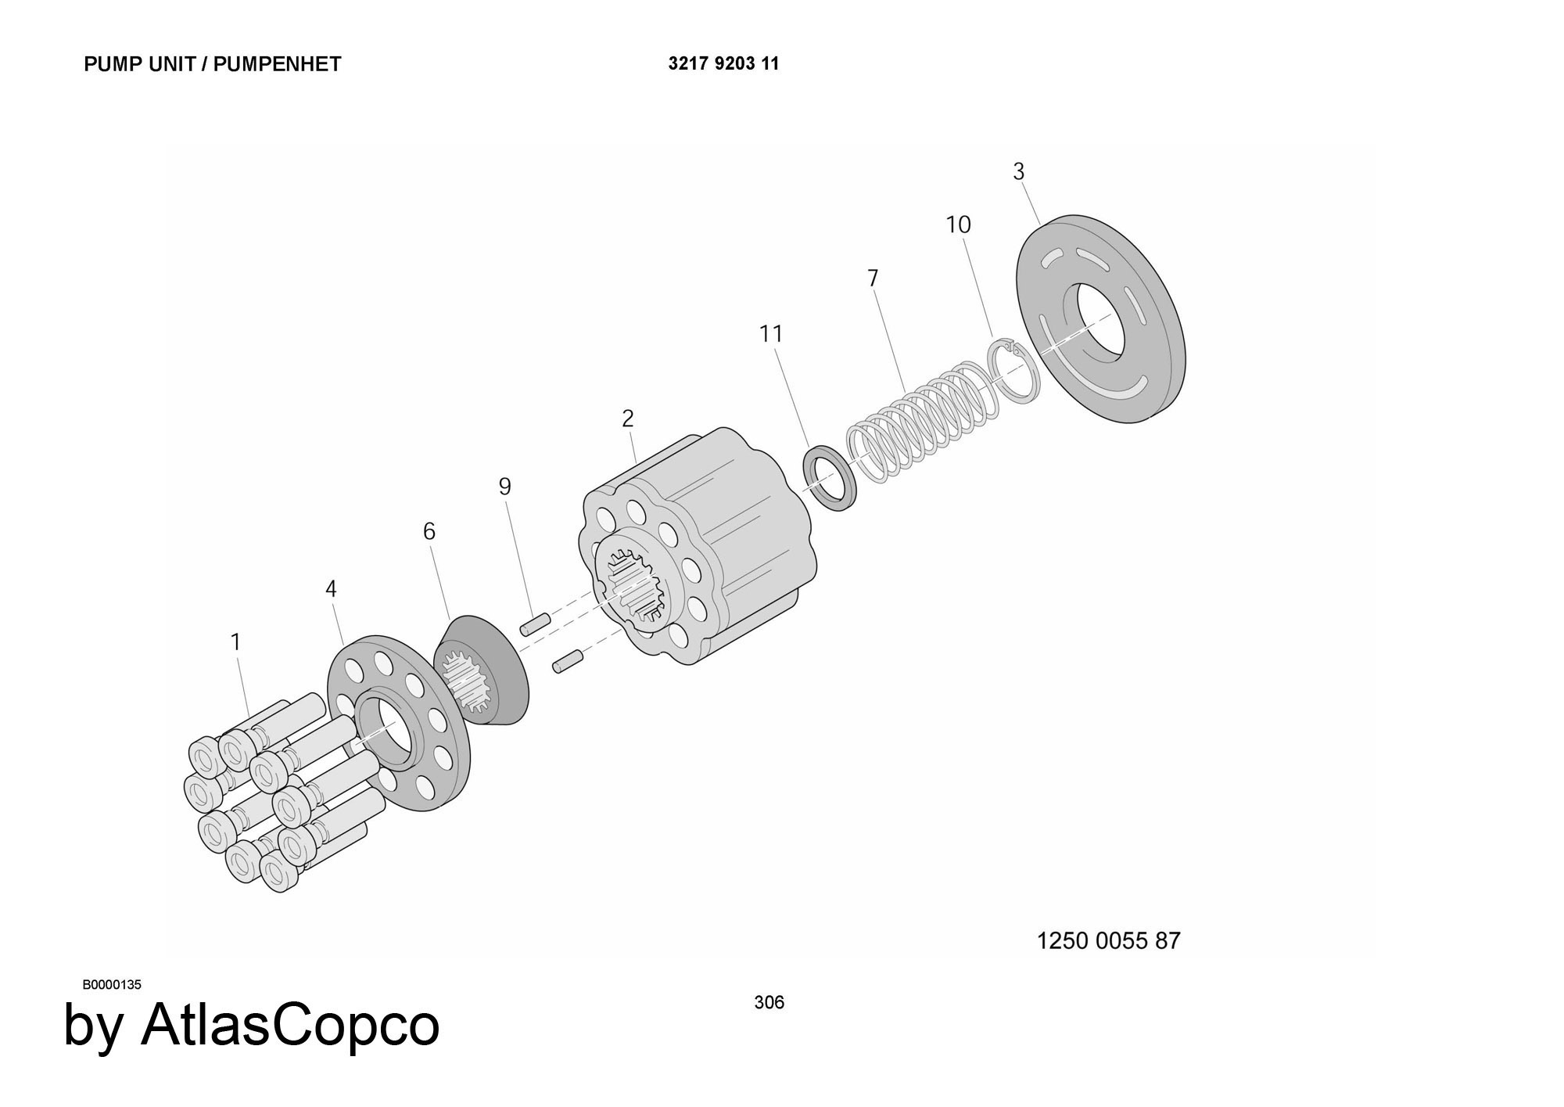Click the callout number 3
pos(1018,171)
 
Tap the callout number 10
pos(958,225)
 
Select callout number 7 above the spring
pos(873,279)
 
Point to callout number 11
pos(771,334)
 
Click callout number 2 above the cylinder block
pos(628,419)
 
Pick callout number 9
pos(505,487)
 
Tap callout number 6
pos(429,532)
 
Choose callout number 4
pos(331,589)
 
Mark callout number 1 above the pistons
pos(235,642)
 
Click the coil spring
pos(923,419)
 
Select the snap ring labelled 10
pos(1014,371)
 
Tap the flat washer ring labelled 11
pos(830,477)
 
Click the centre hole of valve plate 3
pos(1101,322)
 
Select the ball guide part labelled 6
pos(481,670)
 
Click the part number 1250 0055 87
pos(1108,940)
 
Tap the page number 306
pos(769,1002)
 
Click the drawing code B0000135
pos(112,984)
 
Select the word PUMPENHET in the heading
pos(277,64)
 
